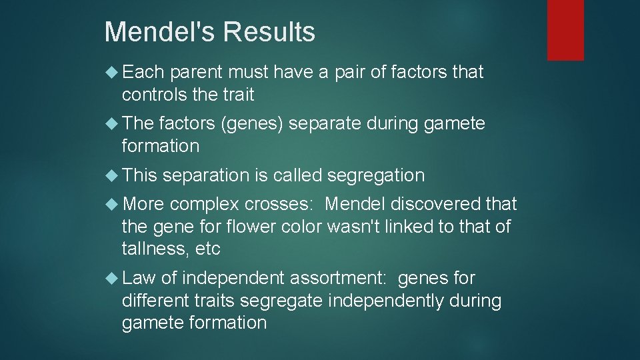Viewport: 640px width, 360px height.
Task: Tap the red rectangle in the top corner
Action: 565,30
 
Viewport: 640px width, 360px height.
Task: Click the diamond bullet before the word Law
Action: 113,278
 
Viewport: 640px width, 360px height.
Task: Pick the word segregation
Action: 375,175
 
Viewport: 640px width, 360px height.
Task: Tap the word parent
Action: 197,72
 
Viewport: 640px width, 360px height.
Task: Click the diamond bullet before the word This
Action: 113,175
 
